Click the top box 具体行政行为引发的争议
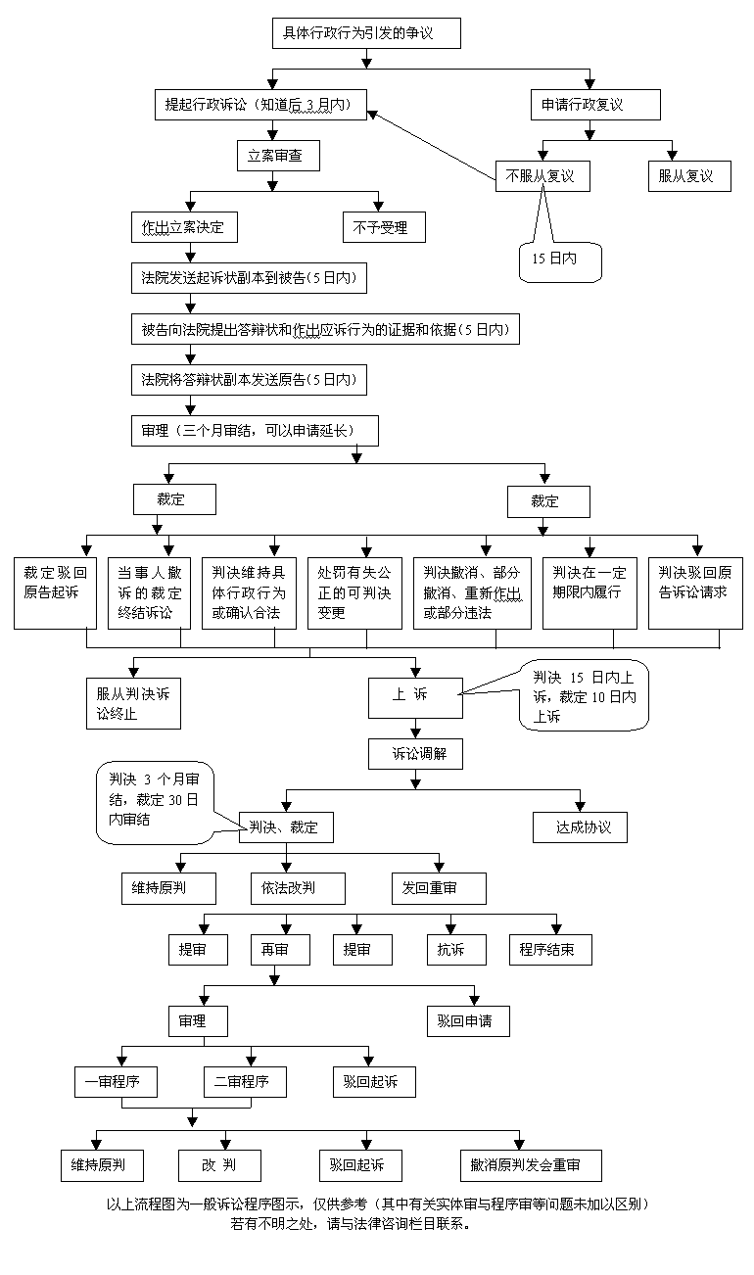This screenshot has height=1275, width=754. tap(364, 33)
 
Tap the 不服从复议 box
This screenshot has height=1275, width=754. tap(540, 176)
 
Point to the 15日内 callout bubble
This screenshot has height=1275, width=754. tap(559, 260)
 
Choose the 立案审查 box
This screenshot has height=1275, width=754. tap(278, 156)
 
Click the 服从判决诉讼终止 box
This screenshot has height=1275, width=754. tap(132, 702)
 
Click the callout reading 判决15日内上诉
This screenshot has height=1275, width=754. tap(585, 696)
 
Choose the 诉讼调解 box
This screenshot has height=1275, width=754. tap(415, 753)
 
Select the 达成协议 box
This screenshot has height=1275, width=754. tap(580, 826)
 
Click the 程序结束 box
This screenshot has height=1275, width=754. tap(550, 949)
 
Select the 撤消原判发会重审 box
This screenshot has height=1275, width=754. tap(530, 1165)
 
